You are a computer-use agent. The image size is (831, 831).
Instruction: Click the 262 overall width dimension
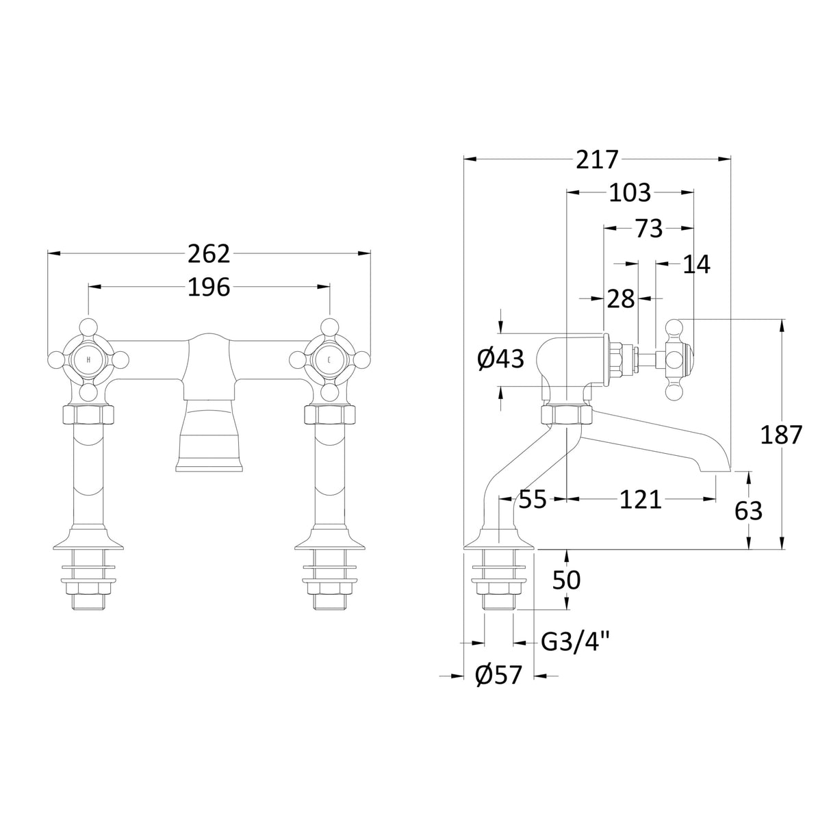[209, 254]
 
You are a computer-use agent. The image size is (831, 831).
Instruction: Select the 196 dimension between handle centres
[209, 287]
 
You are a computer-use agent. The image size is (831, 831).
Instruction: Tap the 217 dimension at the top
[596, 159]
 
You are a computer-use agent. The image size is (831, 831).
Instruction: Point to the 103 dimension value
[630, 194]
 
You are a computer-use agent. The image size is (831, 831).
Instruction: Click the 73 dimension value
[648, 229]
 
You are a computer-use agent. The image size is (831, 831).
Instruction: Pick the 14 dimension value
[696, 264]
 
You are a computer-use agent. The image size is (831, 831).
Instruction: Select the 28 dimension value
[621, 298]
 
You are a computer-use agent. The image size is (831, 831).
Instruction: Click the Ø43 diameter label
[500, 358]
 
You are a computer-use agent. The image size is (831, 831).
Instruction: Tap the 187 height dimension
[780, 434]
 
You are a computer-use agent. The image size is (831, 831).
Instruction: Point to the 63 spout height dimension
[747, 510]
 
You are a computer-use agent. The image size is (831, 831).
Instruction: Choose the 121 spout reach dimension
[641, 500]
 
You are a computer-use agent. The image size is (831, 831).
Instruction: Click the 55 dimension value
[532, 500]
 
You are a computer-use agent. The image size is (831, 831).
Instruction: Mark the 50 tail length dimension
[566, 580]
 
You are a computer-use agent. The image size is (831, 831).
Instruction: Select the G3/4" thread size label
[574, 642]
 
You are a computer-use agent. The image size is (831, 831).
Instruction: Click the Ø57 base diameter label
[498, 676]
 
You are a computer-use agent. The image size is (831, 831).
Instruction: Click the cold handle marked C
[329, 359]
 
